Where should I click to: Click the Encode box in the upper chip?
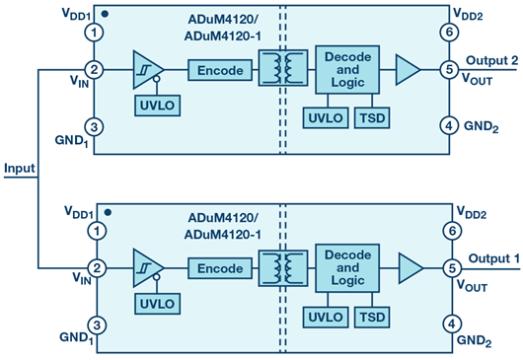point(220,70)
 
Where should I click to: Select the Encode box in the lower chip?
point(220,268)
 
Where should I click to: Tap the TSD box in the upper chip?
point(372,118)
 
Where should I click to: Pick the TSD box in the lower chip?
point(372,317)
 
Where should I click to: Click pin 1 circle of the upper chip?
point(94,33)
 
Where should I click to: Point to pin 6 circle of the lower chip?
point(452,231)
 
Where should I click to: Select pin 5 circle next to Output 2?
point(449,70)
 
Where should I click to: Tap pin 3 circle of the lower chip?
point(97,325)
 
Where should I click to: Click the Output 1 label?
point(494,258)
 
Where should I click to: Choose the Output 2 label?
point(492,60)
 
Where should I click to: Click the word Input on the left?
point(20,169)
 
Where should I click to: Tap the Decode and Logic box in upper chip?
point(347,70)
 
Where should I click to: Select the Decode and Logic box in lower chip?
point(347,268)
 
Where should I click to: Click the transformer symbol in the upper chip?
point(283,68)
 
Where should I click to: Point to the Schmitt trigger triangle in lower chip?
point(147,268)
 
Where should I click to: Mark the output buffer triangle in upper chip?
point(407,70)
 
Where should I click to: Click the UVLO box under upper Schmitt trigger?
point(158,106)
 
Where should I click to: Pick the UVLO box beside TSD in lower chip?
point(326,317)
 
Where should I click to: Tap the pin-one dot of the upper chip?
point(105,14)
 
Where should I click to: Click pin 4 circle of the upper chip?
point(449,126)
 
